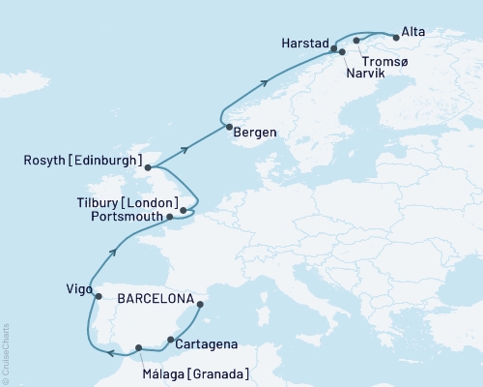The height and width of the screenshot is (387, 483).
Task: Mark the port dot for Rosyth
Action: click(148, 167)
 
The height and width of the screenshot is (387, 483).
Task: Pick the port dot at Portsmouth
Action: click(170, 217)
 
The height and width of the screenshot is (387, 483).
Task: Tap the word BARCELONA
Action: click(154, 298)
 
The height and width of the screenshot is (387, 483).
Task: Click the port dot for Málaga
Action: click(139, 347)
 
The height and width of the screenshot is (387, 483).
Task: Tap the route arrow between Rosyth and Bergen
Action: click(183, 151)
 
